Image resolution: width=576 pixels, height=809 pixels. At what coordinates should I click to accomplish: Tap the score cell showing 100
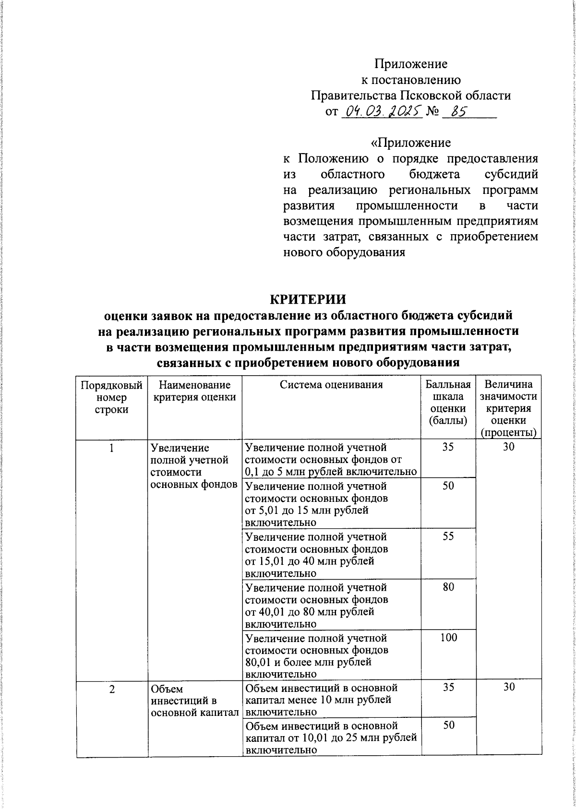tap(448, 638)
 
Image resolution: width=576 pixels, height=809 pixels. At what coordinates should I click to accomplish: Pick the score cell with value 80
tap(448, 587)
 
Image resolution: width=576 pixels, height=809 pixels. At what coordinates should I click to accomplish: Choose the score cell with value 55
tap(448, 536)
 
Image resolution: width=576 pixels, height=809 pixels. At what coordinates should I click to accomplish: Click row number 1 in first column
tap(111, 448)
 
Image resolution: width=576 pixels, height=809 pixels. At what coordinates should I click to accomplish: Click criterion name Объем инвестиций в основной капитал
tap(194, 701)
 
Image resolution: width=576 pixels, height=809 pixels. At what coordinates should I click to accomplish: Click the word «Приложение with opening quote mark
tap(411, 143)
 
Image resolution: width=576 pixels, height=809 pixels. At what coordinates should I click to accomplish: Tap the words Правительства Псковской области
tap(411, 95)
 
